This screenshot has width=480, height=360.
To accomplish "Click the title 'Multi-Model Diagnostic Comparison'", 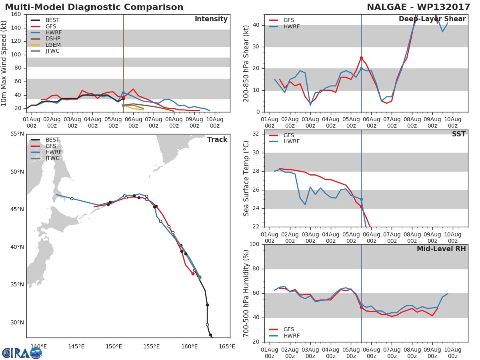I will click(x=94, y=7).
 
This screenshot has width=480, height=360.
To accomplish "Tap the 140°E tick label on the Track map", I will click(x=38, y=346).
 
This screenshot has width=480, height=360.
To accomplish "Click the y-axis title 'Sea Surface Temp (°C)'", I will click(x=246, y=178).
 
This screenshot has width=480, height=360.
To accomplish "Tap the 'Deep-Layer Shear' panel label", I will click(x=432, y=19).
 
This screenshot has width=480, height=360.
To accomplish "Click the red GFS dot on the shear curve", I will click(x=361, y=58).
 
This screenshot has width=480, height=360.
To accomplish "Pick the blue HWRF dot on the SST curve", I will click(x=361, y=199).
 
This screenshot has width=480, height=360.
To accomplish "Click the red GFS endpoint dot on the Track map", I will click(x=193, y=274).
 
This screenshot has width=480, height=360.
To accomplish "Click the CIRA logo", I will click(x=22, y=353).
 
